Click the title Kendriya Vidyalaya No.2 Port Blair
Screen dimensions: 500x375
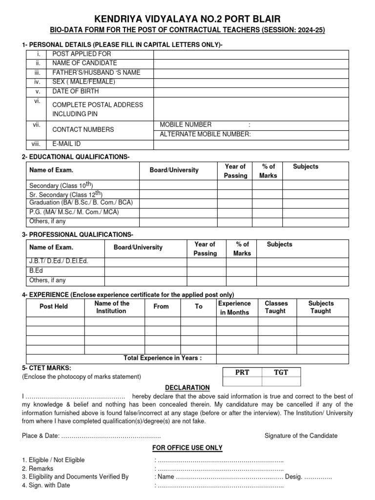[x=187, y=19]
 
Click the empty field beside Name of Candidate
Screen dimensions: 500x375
[x=251, y=63]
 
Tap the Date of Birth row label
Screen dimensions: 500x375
[x=75, y=91]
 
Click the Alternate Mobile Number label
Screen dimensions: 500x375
[x=205, y=134]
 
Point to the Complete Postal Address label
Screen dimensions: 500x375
[x=98, y=105]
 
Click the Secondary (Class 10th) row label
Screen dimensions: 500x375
[x=61, y=186]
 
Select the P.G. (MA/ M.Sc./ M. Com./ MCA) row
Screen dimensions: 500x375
[x=74, y=212]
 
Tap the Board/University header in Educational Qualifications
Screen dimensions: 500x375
[x=174, y=170]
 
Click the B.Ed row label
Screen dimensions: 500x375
[x=37, y=271]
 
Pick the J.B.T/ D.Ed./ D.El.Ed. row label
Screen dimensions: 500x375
[x=59, y=261]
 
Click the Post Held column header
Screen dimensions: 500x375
[x=54, y=307]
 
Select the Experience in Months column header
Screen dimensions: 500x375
[x=234, y=308]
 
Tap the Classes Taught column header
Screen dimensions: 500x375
[x=276, y=307]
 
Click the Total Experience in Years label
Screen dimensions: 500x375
[x=163, y=358]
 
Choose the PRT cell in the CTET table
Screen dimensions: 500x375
[x=242, y=372]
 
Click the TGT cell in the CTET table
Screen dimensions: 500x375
[x=281, y=372]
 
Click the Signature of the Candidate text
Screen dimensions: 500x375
[x=301, y=436]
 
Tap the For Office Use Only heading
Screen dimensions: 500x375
[x=187, y=448]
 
